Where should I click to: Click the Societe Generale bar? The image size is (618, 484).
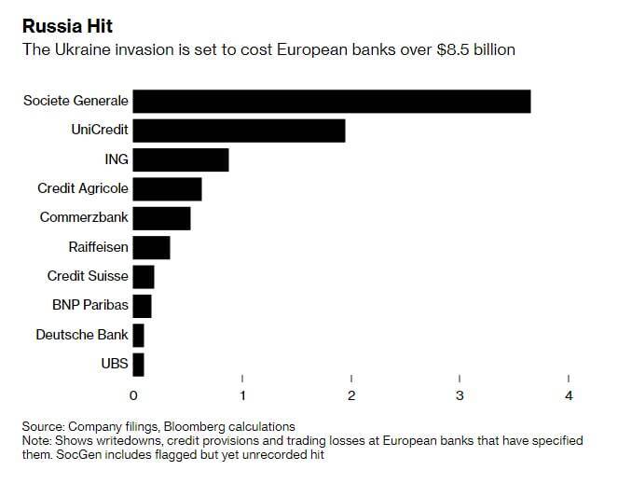[331, 101]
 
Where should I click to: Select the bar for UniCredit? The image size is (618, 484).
[239, 131]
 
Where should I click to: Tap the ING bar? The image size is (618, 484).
[181, 159]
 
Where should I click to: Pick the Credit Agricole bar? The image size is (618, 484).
[167, 188]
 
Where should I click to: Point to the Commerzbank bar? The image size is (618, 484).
[161, 218]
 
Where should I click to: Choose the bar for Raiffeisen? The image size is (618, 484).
[151, 247]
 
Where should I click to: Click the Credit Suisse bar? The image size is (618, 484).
[144, 276]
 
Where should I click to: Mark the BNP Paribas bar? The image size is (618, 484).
[142, 305]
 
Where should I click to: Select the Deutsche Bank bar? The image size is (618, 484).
[138, 335]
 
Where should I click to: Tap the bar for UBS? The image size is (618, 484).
[138, 364]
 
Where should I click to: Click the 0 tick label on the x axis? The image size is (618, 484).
[133, 395]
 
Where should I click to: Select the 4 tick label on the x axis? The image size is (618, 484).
[569, 395]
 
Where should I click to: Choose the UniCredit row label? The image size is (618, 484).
[100, 131]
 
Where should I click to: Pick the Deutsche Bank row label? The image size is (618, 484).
[82, 335]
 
